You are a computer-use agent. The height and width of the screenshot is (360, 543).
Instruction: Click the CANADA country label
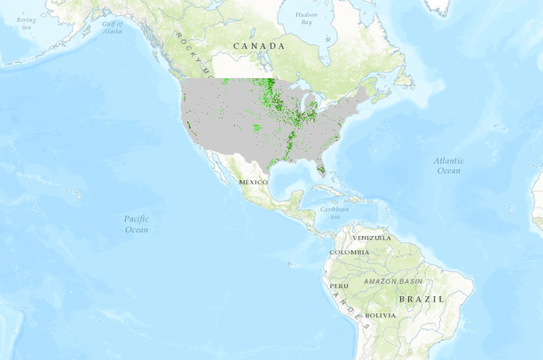pos(259,45)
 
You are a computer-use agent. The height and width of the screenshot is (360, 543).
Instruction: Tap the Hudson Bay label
pos(307,17)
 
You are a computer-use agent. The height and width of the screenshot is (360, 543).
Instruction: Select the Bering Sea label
pos(25,22)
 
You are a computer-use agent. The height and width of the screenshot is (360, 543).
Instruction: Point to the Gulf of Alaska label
pos(113,27)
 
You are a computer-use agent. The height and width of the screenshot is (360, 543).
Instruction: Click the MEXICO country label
pos(253,182)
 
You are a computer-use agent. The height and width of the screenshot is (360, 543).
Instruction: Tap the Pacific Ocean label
pos(135,223)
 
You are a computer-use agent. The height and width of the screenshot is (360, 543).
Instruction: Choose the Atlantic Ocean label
pos(448,165)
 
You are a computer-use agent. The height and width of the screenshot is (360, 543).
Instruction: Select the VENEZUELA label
pos(372,238)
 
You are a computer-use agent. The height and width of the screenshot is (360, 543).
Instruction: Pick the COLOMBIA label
pos(349,253)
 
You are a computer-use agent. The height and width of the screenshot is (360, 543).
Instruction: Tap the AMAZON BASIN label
pos(392,281)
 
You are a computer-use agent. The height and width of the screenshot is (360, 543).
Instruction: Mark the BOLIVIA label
pos(380,316)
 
